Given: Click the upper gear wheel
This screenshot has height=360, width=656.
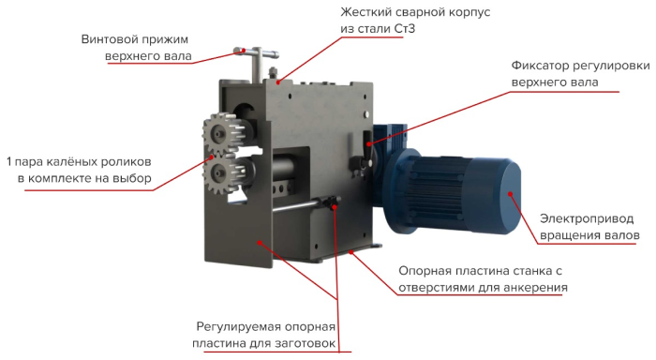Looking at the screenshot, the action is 219,134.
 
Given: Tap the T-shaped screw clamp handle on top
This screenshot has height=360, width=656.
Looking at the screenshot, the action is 257,61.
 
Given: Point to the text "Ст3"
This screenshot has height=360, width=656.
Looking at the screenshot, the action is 404,28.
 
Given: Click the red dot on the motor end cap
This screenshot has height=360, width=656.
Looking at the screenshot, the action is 511,194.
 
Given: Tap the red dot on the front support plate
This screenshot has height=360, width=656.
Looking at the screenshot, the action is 260,242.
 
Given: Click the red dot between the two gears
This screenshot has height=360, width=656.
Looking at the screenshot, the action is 212,157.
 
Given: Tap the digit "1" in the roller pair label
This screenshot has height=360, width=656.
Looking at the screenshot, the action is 8,161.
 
